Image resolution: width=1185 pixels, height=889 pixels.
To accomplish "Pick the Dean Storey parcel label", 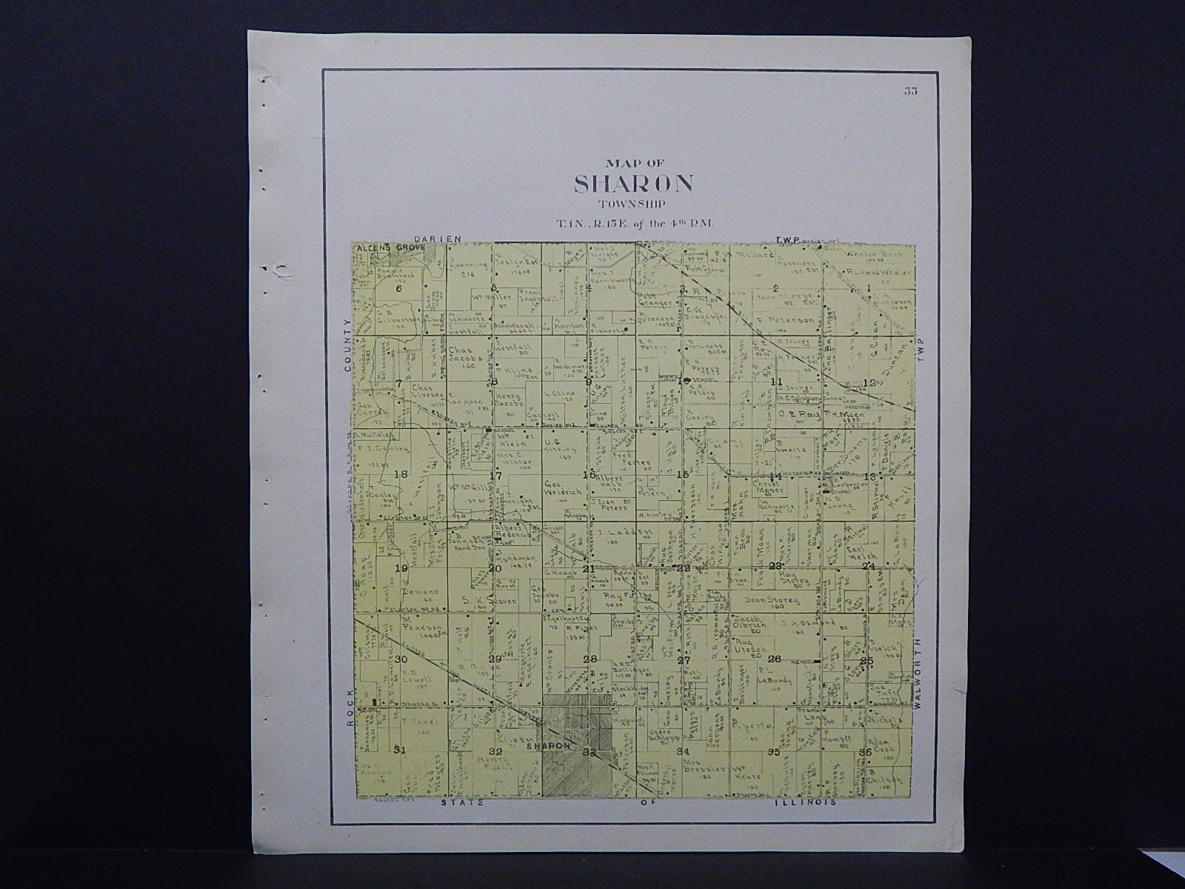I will coord(767,602).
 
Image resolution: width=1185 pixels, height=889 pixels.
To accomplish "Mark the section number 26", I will coord(775,659).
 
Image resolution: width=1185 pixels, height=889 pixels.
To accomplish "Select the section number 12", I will coord(869,382).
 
